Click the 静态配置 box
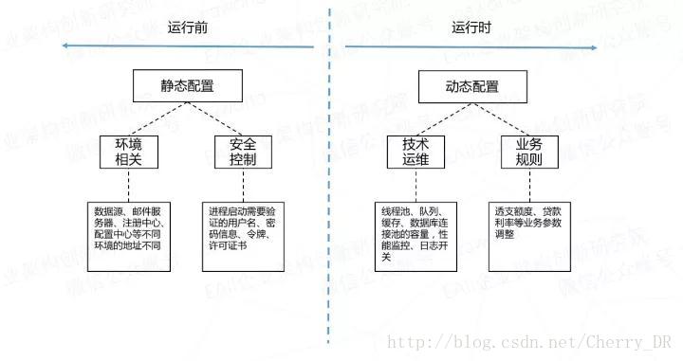point(187,86)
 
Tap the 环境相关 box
point(128,152)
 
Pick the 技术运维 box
point(415,152)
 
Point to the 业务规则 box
point(529,152)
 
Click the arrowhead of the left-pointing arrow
point(64,45)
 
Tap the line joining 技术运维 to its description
point(415,185)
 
